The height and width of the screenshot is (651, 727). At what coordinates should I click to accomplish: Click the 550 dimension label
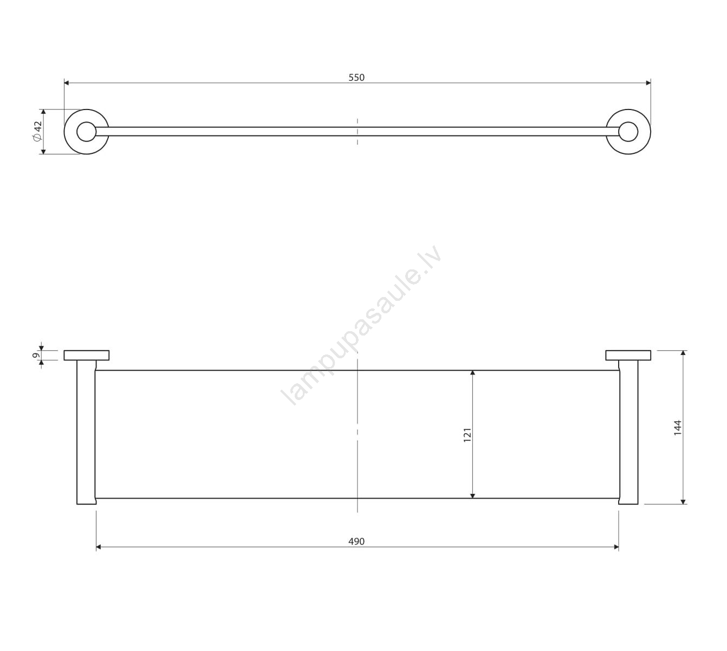click(x=356, y=78)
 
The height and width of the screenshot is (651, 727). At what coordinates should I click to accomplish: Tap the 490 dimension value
click(x=356, y=542)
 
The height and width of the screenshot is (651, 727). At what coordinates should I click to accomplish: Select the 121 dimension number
click(x=467, y=435)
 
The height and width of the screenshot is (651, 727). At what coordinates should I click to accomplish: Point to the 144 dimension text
click(x=678, y=428)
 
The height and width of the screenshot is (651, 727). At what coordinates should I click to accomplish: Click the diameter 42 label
click(x=38, y=131)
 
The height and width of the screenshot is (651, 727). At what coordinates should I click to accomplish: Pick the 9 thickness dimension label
click(x=36, y=355)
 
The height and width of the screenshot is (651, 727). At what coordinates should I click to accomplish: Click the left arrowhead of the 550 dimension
click(x=67, y=83)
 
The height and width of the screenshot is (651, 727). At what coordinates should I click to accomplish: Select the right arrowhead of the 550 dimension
click(x=648, y=83)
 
